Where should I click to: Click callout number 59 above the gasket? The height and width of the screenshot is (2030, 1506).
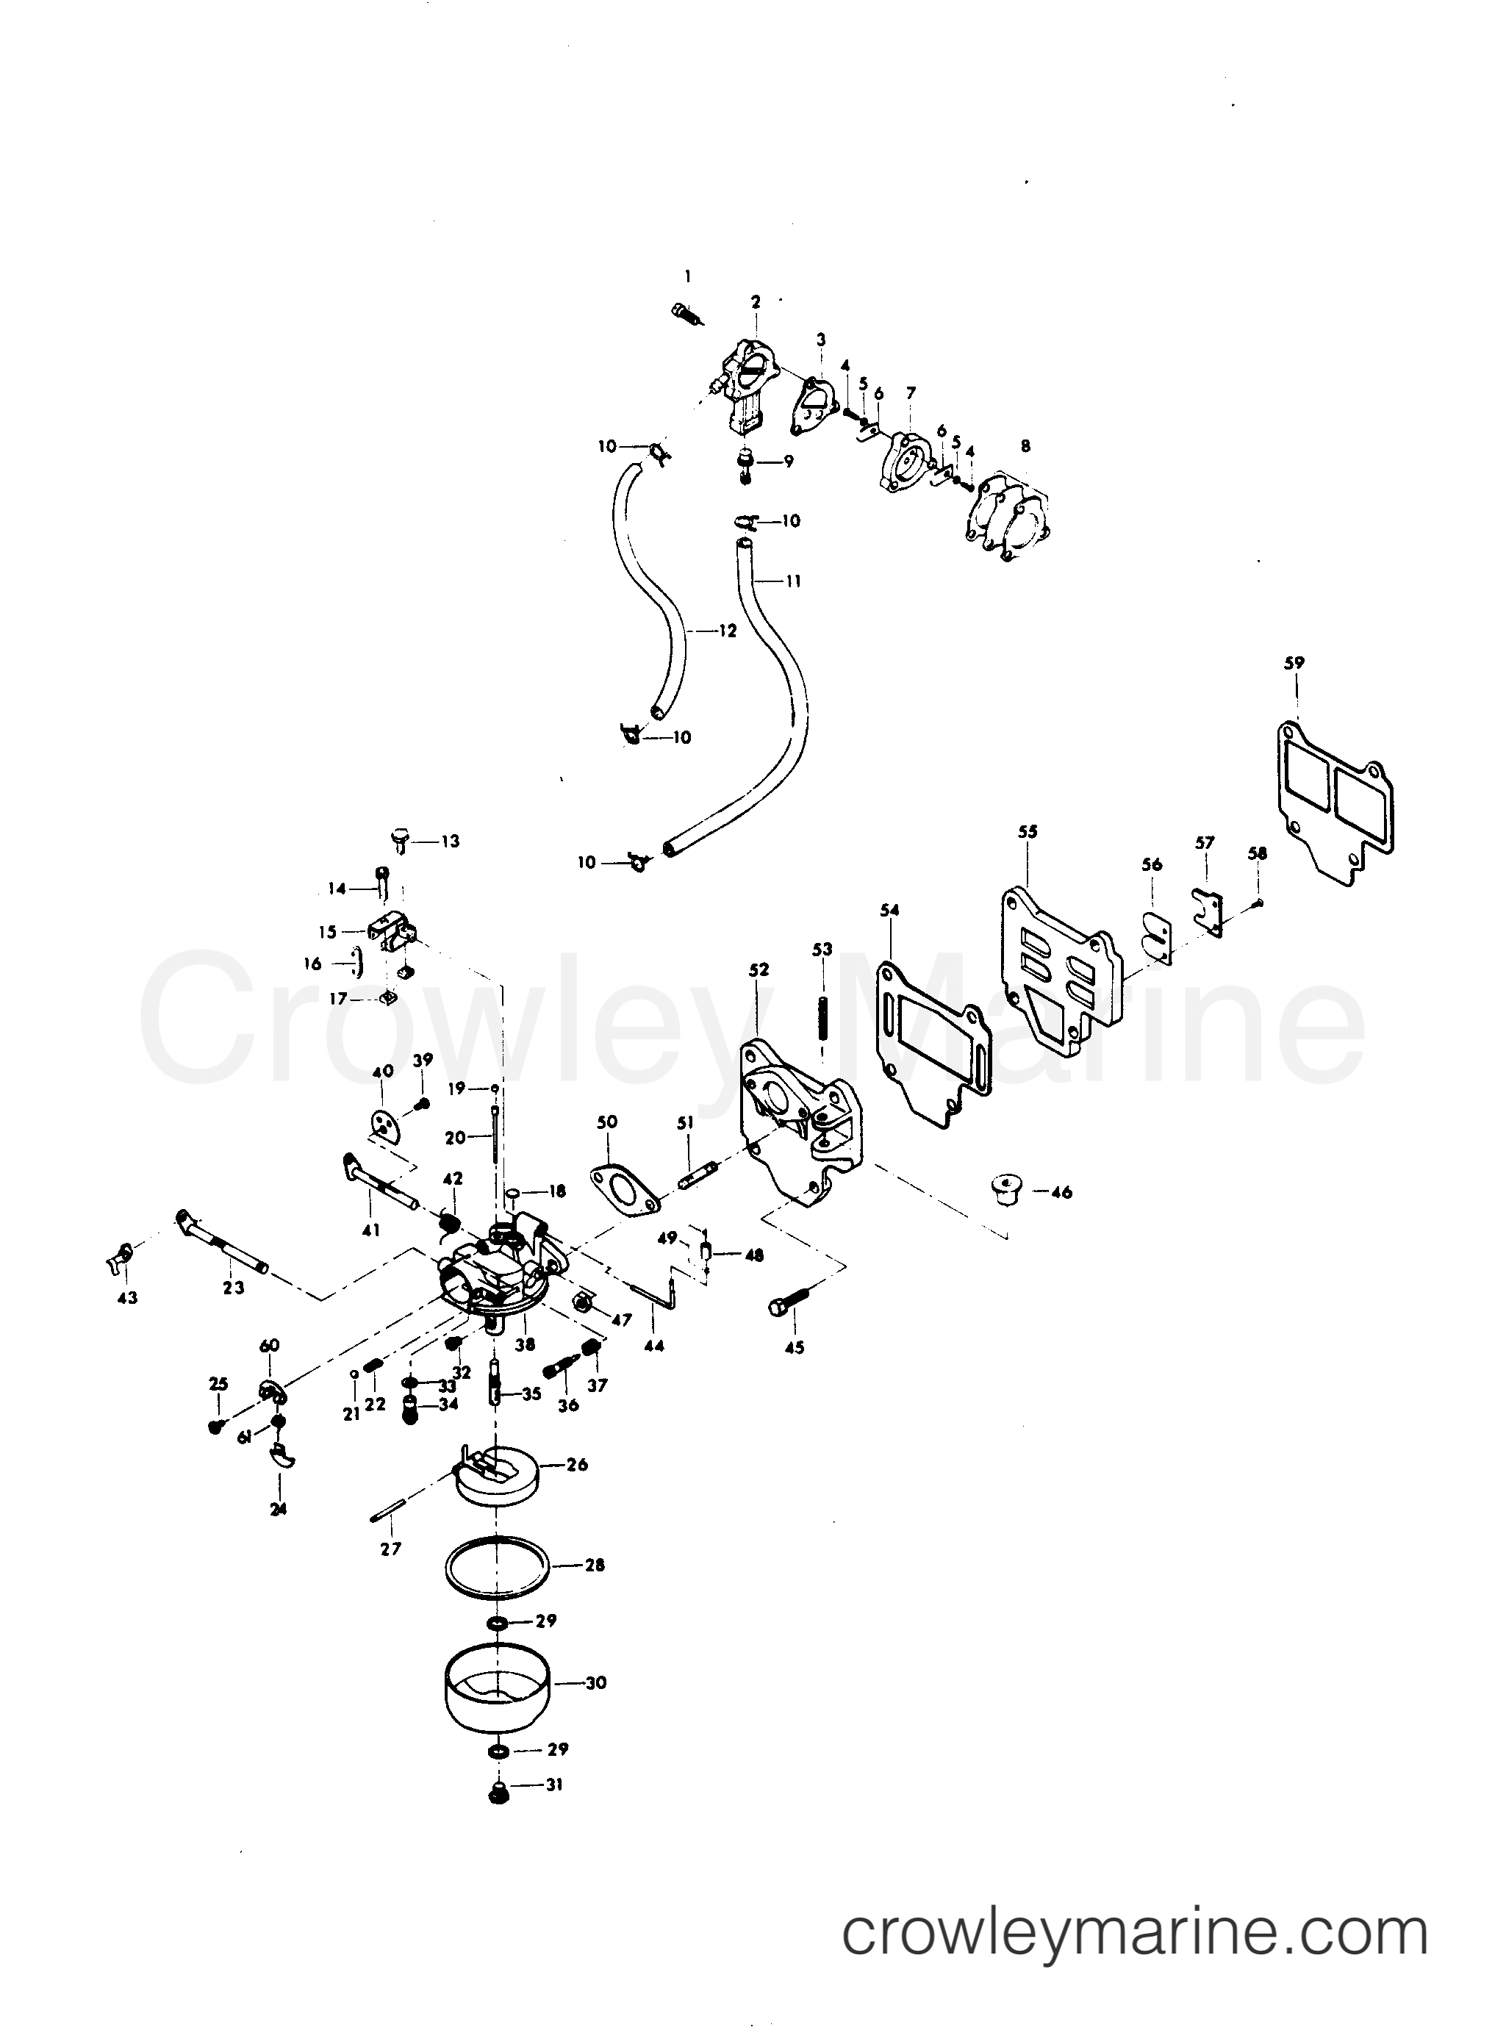(x=1294, y=664)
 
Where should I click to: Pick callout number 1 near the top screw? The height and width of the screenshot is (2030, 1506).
(x=688, y=276)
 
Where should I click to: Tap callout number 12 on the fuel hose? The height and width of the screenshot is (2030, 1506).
(x=727, y=630)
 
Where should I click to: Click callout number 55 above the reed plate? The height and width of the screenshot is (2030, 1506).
(x=1028, y=832)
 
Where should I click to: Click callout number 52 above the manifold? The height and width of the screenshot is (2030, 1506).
(x=759, y=970)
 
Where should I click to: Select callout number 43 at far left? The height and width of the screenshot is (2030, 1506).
(x=128, y=1297)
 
